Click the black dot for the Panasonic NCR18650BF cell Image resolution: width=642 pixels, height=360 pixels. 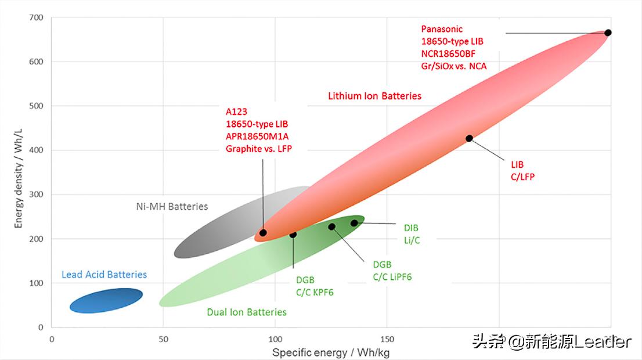click(608, 33)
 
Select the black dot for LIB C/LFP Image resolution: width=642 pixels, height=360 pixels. click(469, 138)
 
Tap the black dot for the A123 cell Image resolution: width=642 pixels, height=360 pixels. click(263, 233)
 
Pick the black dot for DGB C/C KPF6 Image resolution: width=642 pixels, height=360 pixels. click(293, 235)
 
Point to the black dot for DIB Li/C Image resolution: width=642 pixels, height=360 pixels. click(354, 223)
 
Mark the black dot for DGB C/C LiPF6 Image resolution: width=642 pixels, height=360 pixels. click(331, 226)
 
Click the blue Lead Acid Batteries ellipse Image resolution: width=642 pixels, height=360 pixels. click(106, 300)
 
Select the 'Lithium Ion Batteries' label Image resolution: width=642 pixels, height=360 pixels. click(374, 96)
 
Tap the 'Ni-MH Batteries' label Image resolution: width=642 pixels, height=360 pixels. click(172, 206)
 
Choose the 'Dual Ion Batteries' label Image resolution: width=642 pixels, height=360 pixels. click(247, 312)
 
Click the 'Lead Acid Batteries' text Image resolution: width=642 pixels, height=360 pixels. click(104, 274)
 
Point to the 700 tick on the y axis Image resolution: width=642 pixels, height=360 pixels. click(36, 17)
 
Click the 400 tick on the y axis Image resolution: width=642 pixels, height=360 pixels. click(36, 150)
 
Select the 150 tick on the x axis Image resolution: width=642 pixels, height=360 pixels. click(387, 339)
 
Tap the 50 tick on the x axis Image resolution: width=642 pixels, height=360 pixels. click(163, 339)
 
